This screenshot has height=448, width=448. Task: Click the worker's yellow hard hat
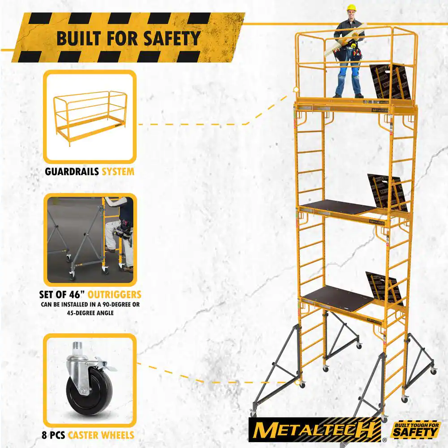tap(351, 8)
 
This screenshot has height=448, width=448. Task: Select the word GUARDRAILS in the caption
tap(72, 172)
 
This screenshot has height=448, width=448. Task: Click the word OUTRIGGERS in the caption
tap(114, 295)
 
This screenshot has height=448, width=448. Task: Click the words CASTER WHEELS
tap(101, 435)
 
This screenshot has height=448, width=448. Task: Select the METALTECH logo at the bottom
tap(315, 430)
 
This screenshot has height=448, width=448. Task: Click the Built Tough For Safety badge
tap(416, 430)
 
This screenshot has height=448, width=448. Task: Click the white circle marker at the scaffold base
tap(298, 382)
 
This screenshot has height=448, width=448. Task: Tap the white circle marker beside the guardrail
tap(296, 90)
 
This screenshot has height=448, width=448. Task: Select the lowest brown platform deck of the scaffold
tap(338, 298)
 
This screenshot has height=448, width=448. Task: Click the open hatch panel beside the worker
tap(390, 82)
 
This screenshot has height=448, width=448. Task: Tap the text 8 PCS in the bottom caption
tap(53, 435)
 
